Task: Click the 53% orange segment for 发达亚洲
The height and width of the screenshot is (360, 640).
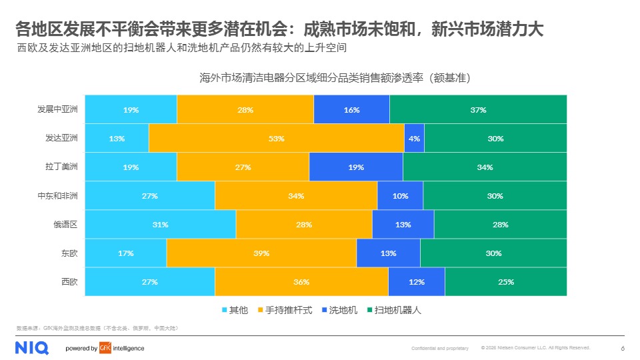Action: click(x=277, y=139)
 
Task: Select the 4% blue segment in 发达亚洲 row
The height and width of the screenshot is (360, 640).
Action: click(x=414, y=139)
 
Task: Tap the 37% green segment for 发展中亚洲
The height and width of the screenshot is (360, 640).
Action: click(x=478, y=110)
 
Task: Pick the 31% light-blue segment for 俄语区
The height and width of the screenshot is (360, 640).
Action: click(x=161, y=225)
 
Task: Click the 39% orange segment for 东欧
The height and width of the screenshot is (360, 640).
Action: click(x=261, y=253)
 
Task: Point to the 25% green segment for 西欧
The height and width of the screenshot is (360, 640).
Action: click(x=505, y=282)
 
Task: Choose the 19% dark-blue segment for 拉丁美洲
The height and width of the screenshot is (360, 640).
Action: click(x=356, y=167)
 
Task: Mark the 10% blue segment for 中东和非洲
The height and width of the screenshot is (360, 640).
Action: click(x=400, y=196)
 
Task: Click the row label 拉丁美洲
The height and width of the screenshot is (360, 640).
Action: click(x=61, y=167)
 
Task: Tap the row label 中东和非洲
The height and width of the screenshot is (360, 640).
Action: click(x=57, y=196)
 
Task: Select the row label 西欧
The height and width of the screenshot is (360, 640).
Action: click(x=69, y=282)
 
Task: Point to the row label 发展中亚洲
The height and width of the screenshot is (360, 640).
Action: click(x=57, y=110)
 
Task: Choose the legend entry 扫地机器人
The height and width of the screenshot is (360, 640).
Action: click(x=397, y=310)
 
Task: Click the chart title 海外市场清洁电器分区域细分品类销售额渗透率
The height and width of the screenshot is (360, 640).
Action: click(x=335, y=78)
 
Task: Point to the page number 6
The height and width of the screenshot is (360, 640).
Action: click(x=622, y=348)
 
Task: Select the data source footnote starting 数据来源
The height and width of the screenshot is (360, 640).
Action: click(x=97, y=328)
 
